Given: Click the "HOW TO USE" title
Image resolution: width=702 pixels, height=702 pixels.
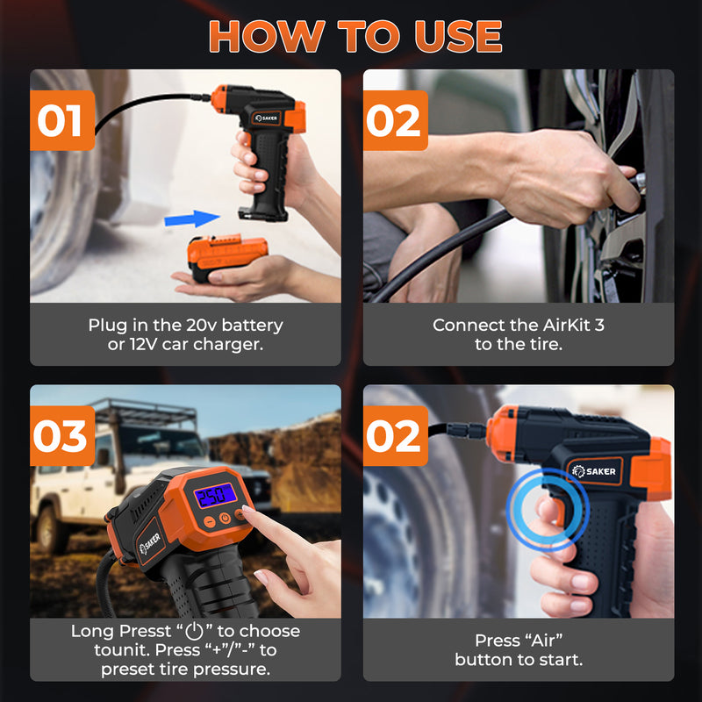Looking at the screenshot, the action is (x=355, y=37).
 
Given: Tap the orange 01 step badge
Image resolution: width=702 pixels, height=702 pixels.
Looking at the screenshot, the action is (x=62, y=120).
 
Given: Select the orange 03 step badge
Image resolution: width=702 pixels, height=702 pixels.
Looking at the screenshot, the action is (x=62, y=435).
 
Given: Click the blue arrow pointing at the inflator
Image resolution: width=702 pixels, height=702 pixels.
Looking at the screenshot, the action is (x=191, y=218).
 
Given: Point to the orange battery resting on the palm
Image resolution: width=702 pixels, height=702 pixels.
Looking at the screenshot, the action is (x=227, y=255).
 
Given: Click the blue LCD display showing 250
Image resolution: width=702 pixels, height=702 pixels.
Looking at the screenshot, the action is (x=215, y=495).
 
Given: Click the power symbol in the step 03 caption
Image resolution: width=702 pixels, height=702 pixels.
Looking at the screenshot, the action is (x=195, y=631).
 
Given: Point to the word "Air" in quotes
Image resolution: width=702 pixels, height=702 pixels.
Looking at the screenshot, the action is (x=543, y=641).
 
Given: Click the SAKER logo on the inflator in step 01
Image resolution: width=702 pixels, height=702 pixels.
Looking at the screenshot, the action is (x=266, y=118).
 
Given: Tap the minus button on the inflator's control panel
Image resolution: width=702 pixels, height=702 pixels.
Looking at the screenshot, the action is (x=210, y=521).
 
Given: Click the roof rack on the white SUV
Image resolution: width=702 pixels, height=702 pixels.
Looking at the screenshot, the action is (x=144, y=409).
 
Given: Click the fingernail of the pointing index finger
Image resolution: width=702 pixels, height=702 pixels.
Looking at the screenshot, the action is (x=247, y=510).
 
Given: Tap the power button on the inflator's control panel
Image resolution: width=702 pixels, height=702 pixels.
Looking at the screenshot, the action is (x=225, y=518).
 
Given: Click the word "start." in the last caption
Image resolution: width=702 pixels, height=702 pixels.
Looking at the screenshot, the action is (x=561, y=660).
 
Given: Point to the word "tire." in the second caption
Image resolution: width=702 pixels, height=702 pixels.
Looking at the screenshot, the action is (x=544, y=344).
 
